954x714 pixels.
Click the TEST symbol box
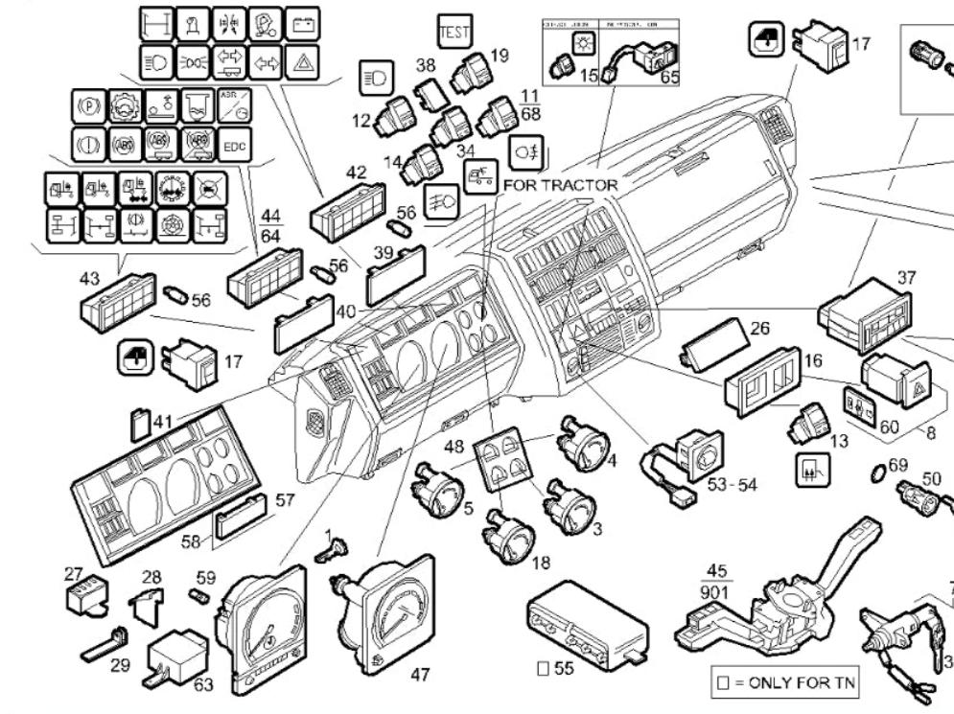tap(454, 31)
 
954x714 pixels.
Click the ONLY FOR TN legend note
tap(784, 684)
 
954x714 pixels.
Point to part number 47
tap(420, 675)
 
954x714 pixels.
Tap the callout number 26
tap(759, 329)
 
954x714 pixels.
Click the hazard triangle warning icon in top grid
tap(302, 63)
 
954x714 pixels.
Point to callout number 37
tap(906, 277)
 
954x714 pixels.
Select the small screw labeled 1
tap(336, 551)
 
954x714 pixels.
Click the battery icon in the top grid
tap(302, 23)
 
